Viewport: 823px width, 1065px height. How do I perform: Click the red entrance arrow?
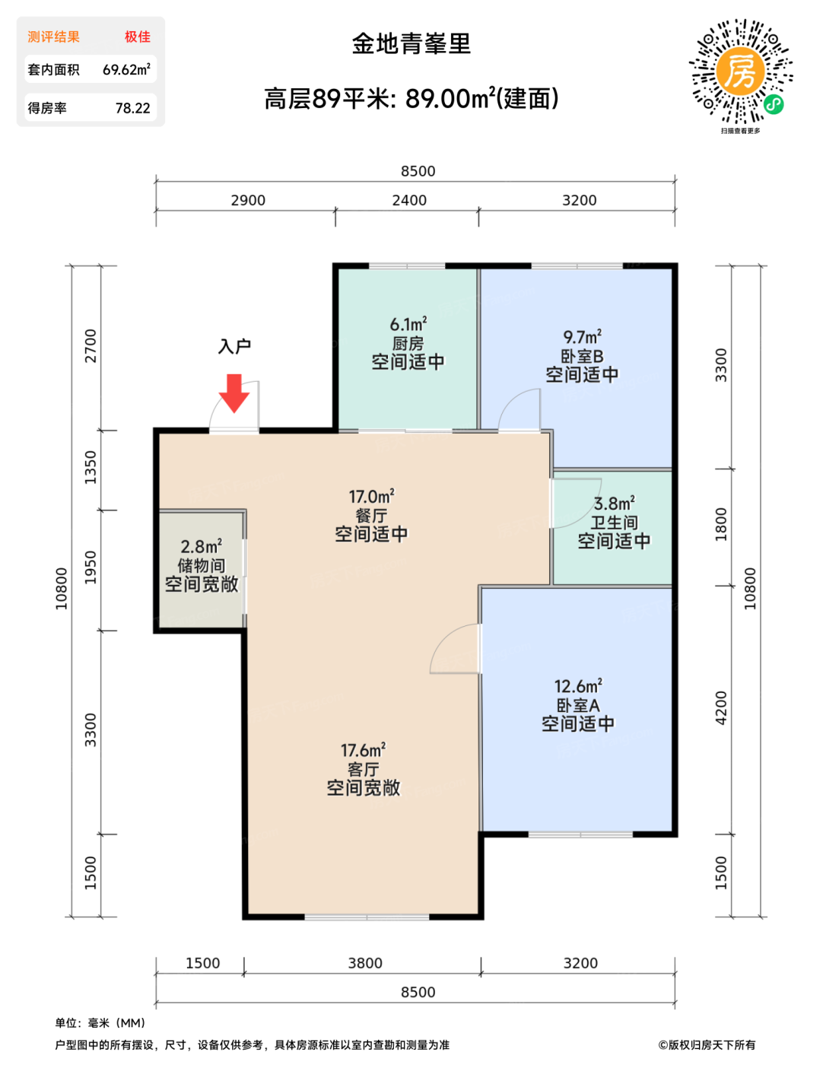234,393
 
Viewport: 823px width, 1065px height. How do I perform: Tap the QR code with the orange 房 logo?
740,71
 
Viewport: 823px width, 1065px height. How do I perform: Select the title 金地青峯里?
411,44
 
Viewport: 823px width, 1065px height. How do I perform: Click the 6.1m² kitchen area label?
408,324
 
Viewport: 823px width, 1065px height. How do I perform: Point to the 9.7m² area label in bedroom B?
582,337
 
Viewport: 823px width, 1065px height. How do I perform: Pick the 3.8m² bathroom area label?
615,504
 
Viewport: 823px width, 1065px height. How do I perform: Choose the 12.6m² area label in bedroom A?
578,686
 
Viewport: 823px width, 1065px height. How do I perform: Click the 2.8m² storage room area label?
202,546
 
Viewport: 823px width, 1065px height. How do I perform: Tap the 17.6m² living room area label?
363,750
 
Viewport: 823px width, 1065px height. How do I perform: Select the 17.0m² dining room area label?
371,497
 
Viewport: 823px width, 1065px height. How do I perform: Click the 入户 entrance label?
234,346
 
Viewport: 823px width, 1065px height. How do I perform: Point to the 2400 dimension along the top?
409,200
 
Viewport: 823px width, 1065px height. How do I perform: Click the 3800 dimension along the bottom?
365,962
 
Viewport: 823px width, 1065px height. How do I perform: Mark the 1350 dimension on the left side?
91,468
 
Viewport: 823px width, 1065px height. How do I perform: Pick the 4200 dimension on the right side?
721,707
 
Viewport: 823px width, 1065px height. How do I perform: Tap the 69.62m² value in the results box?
126,69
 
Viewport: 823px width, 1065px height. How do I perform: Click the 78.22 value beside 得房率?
133,108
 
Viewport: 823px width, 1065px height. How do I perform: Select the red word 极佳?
137,37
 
